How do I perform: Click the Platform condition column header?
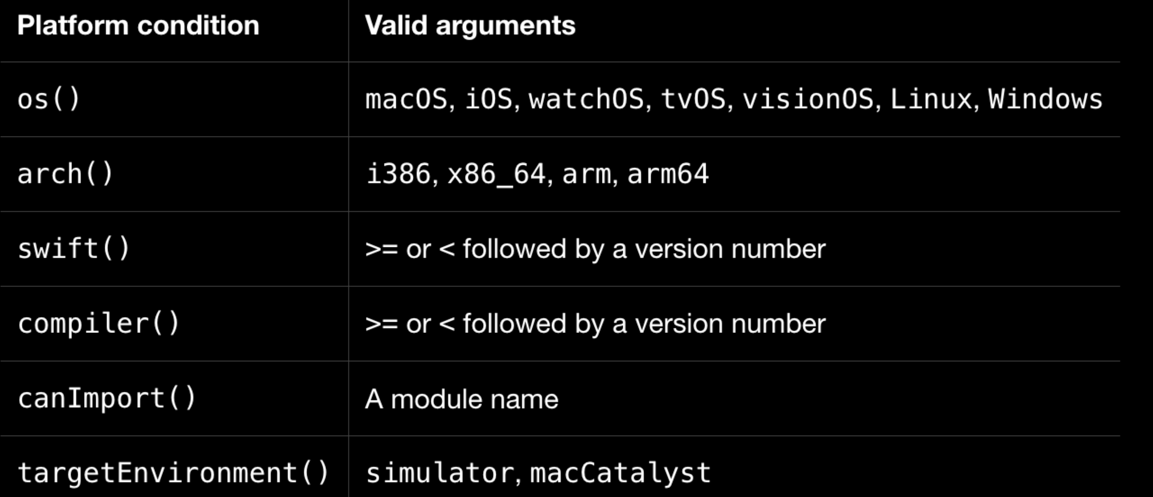[138, 26]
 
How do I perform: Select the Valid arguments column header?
[470, 26]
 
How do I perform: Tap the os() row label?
[48, 99]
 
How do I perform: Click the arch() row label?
[65, 174]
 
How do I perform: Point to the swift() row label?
[73, 248]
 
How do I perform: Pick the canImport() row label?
[106, 398]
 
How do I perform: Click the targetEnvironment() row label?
[173, 473]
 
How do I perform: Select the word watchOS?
[586, 99]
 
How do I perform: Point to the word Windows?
[1045, 99]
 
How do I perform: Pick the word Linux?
[931, 99]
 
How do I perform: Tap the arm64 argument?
[668, 174]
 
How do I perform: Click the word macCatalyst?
[620, 473]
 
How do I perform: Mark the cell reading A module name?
[462, 398]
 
